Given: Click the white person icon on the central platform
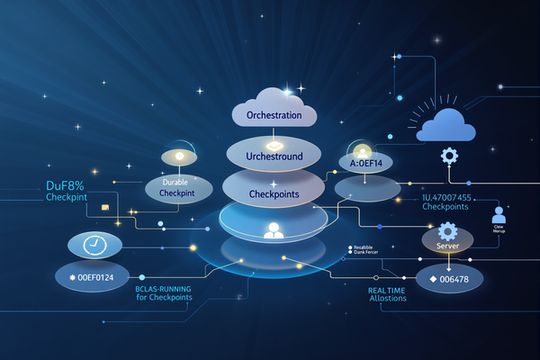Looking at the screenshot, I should [273, 230].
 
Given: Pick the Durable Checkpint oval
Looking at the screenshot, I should [178, 188].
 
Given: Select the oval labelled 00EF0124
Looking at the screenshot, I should [92, 277].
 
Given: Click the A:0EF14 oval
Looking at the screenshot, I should [361, 163].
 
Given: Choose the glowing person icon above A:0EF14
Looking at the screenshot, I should [362, 151].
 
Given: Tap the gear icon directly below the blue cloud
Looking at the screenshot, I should [448, 156].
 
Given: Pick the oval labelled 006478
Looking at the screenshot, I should [449, 278].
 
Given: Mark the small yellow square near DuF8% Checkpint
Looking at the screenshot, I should [105, 207].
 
